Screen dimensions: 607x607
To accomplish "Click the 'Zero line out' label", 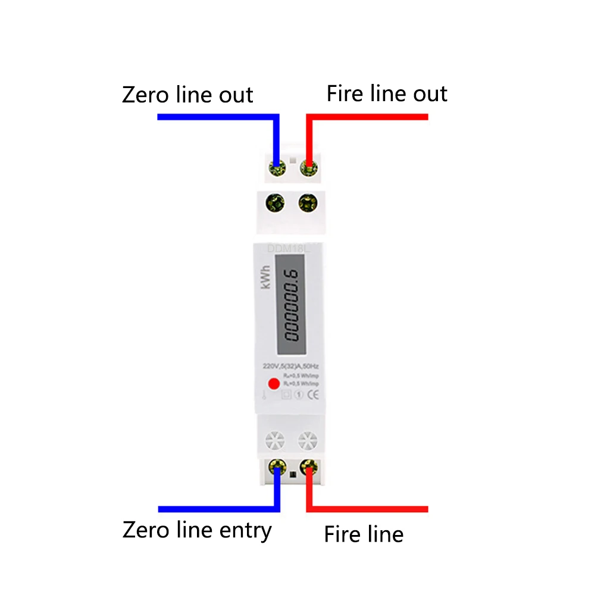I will (x=187, y=95).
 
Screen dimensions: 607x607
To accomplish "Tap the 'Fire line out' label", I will (x=387, y=94).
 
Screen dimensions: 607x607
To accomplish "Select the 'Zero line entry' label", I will (x=197, y=529).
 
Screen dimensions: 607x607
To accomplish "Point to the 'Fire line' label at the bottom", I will (x=364, y=534).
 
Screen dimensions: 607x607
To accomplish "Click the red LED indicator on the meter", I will (x=274, y=384).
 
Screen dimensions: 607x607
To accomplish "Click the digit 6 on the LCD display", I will (x=291, y=275).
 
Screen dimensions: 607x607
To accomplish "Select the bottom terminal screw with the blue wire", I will (x=276, y=467).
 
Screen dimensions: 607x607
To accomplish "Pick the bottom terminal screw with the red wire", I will (x=308, y=467).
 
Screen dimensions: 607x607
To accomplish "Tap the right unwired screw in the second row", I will (x=307, y=204).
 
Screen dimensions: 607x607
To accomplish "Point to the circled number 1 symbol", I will (x=299, y=394).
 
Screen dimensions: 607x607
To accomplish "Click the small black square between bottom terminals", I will (x=292, y=474).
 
